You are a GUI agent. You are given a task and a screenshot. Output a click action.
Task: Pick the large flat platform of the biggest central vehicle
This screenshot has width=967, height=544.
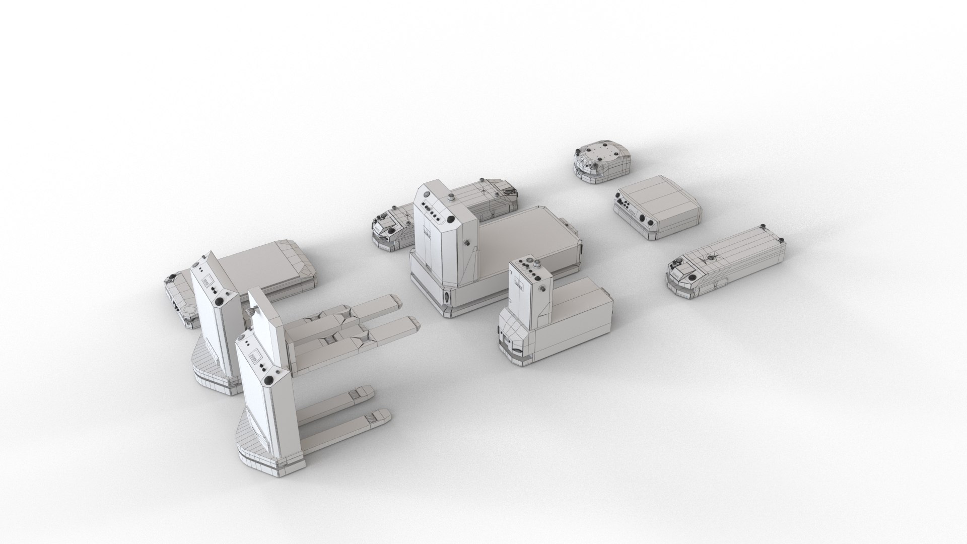(524, 237)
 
